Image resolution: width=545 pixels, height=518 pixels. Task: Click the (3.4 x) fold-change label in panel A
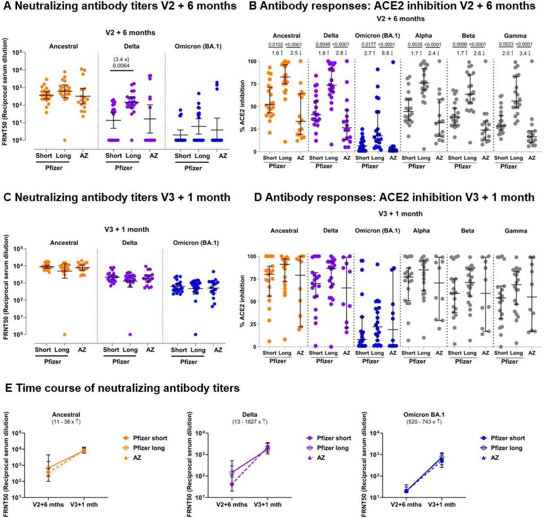pos(122,59)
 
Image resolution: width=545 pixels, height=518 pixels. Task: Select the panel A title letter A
pos(6,6)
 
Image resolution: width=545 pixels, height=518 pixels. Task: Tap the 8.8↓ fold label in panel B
pos(388,53)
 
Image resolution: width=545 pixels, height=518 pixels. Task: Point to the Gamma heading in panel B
pos(515,36)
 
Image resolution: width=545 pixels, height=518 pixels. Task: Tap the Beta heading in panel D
pos(468,231)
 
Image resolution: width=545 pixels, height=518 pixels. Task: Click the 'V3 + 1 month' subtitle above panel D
pos(400,214)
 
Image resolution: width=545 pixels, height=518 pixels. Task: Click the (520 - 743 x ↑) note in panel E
pos(419,422)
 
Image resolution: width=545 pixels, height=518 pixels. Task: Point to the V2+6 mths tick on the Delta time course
pos(232,505)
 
